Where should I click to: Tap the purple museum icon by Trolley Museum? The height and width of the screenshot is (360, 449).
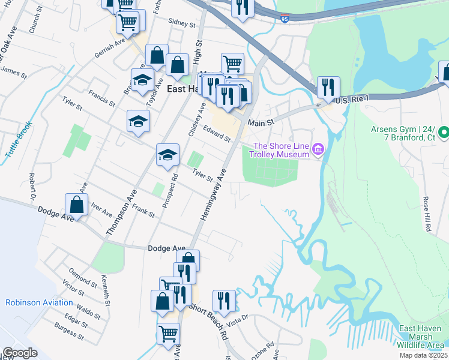(318, 149)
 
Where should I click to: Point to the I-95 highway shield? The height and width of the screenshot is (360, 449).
(285, 20)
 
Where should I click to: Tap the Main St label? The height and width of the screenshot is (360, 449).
(261, 122)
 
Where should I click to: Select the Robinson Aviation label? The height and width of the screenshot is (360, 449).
(39, 303)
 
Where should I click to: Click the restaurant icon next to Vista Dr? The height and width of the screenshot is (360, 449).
(224, 301)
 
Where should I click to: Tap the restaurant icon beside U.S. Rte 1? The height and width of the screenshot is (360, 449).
(328, 87)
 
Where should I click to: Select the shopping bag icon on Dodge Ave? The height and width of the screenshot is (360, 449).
(77, 205)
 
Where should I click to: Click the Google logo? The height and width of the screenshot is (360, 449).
(20, 353)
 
